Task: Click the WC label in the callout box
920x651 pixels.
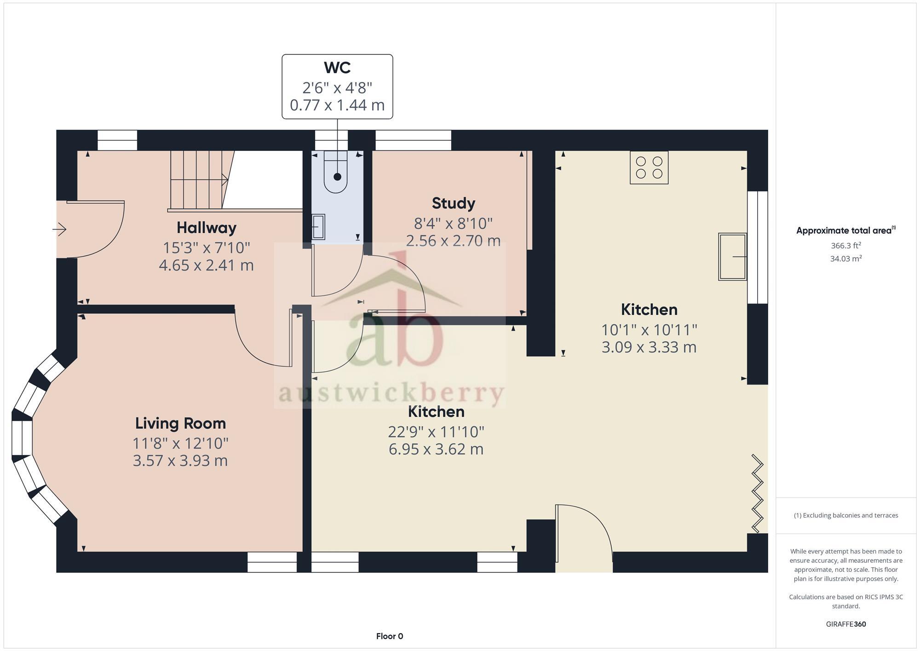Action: [x=337, y=68]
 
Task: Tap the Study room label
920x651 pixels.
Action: [x=453, y=203]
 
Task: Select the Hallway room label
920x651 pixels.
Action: [x=207, y=227]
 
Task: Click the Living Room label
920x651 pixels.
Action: [x=180, y=423]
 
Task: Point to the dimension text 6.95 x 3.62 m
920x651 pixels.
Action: [x=436, y=449]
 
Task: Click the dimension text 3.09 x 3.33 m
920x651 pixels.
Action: [x=649, y=347]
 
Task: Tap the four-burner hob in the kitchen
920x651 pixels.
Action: [x=649, y=167]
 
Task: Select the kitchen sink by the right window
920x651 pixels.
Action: [x=732, y=257]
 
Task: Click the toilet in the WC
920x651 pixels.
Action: [x=336, y=174]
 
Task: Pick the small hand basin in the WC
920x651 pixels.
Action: [x=318, y=227]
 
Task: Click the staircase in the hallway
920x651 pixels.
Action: [x=199, y=180]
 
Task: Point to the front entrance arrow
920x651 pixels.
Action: [x=60, y=229]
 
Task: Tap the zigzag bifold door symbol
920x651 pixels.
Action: [x=757, y=494]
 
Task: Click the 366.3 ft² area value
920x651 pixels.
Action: [x=845, y=246]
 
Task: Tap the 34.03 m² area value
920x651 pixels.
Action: [x=845, y=259]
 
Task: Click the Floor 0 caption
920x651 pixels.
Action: [x=389, y=636]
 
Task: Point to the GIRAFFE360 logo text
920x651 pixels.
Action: [x=845, y=624]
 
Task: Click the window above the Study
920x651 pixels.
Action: [x=413, y=140]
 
